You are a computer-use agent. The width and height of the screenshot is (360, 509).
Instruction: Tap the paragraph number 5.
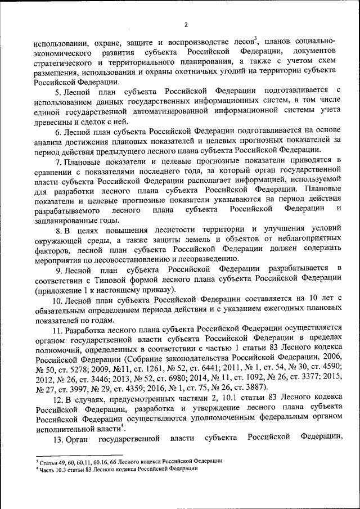56,91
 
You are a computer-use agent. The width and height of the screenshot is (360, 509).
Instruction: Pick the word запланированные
65,220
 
